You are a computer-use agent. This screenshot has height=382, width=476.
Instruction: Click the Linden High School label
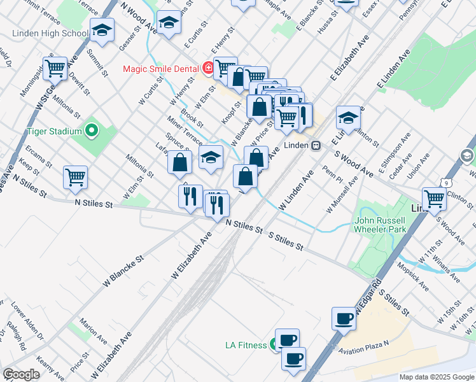tap(59, 33)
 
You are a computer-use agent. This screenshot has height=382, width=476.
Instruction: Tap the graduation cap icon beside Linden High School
tap(101, 29)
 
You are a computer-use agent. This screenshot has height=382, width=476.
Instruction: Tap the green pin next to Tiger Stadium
tap(91, 132)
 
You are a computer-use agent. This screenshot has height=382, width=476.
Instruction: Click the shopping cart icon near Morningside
tap(55, 68)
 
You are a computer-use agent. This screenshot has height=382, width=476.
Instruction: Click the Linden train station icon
tap(315, 145)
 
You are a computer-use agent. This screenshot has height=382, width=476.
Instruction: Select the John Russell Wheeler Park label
tap(380, 225)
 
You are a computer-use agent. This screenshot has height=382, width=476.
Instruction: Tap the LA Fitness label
tap(246, 346)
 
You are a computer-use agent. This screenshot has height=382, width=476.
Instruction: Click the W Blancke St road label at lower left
tap(122, 271)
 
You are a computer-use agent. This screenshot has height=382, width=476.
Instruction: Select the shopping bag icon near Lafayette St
tap(180, 162)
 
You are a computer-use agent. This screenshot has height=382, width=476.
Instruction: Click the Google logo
tap(21, 374)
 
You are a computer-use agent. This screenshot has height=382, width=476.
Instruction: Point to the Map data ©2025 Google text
tap(436, 377)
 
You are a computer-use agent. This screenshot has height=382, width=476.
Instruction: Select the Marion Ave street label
tap(94, 332)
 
